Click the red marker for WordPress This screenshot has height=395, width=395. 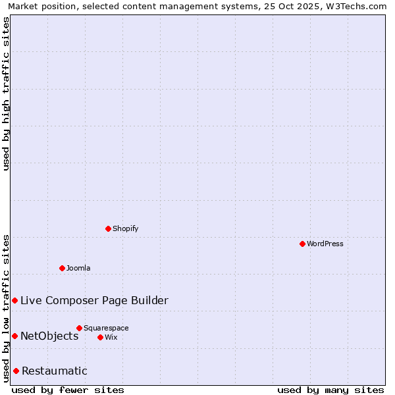tap(302, 244)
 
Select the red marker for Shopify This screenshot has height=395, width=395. tap(109, 228)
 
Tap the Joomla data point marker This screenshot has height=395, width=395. tap(63, 268)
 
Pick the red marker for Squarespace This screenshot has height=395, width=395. tap(79, 328)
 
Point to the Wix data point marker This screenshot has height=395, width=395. tap(100, 337)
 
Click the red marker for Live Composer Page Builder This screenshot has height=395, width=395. tap(14, 300)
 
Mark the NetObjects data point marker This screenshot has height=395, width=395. tap(14, 336)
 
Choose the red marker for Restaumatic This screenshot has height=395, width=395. tap(16, 371)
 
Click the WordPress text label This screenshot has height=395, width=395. tap(325, 244)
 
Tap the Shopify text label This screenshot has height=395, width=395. tap(125, 228)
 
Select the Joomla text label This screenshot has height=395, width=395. tap(78, 268)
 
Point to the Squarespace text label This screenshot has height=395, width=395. tap(106, 328)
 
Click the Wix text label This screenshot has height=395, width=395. tap(111, 337)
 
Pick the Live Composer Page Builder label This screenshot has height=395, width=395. tap(94, 301)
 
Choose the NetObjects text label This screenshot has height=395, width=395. tap(49, 336)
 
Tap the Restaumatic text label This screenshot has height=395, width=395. tap(54, 371)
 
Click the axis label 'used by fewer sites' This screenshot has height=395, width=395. tap(68, 390)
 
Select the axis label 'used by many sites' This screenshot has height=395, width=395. tap(330, 390)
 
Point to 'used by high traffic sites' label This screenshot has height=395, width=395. tap(7, 93)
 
